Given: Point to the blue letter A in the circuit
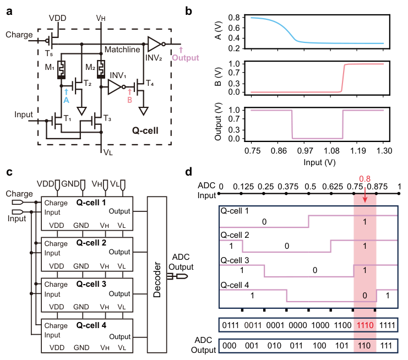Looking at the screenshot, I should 66,100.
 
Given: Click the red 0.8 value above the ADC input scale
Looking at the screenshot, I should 365,179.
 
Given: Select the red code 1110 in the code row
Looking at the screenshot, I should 365,326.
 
